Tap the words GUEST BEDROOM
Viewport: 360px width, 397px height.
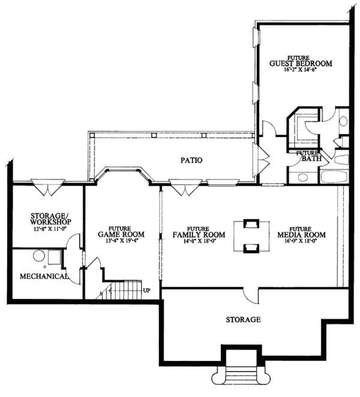(x=300, y=63)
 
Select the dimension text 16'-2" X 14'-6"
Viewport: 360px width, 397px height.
(x=300, y=70)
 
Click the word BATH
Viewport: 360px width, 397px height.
(x=311, y=159)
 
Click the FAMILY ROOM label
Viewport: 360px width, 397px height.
(x=199, y=235)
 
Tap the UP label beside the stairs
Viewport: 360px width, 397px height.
(x=146, y=291)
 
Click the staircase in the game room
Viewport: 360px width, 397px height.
(x=123, y=291)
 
